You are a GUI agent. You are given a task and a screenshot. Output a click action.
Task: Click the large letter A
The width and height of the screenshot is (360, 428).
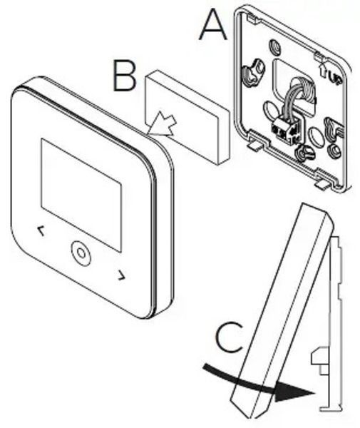[x=213, y=24]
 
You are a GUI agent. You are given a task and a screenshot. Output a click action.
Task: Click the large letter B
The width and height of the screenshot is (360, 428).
[x=124, y=76]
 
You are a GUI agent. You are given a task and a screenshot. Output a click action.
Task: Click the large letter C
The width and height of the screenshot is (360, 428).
[x=229, y=337]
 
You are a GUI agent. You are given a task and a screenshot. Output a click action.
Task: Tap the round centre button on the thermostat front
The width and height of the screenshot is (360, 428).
[x=81, y=253]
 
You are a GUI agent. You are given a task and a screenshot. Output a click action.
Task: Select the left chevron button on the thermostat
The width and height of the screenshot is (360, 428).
[x=41, y=231]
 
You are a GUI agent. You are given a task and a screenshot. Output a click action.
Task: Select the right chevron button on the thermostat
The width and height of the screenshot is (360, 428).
[x=122, y=275]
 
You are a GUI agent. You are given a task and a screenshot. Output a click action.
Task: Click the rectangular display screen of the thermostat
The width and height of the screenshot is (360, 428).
[x=81, y=195]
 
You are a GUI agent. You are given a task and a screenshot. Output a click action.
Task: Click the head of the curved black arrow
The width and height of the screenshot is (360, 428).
[x=294, y=392]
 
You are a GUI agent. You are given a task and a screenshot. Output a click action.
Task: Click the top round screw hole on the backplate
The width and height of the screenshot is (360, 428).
[x=274, y=46]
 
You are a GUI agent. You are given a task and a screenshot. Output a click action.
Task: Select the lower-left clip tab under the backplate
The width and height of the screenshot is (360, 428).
[x=254, y=146]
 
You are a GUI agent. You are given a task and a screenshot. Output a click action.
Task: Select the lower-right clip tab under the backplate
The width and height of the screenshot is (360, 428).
[x=322, y=185]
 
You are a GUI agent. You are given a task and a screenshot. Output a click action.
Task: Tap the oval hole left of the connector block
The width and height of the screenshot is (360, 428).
[x=269, y=109]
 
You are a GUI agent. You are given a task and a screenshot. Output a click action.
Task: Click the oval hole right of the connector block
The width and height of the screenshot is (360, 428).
[x=314, y=136]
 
